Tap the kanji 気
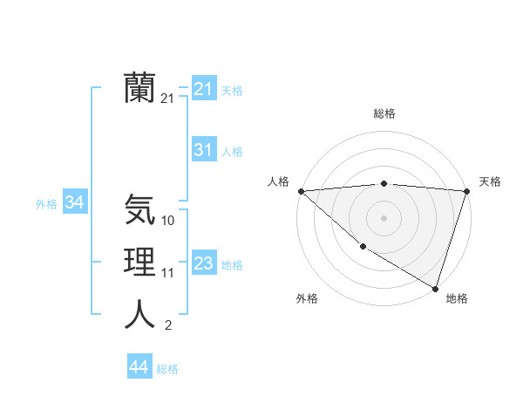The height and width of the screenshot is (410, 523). click(140, 209)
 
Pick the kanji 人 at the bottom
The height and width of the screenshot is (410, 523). click(140, 314)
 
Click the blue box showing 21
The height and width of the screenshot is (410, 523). click(203, 89)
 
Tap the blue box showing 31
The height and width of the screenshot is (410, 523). click(203, 150)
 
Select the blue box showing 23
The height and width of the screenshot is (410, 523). click(203, 263)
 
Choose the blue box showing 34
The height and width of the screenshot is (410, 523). click(75, 202)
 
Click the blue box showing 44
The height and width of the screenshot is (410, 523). click(139, 367)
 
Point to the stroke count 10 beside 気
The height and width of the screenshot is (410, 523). click(168, 221)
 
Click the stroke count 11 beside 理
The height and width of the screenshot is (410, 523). click(168, 273)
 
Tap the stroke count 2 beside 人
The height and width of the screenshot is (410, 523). click(168, 325)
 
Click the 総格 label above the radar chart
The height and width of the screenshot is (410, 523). click(384, 113)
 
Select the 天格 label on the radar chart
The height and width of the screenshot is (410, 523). click(490, 181)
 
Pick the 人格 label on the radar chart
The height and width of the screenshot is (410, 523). click(278, 181)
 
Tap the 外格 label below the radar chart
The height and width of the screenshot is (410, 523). click(307, 298)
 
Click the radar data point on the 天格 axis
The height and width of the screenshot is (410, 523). click(466, 191)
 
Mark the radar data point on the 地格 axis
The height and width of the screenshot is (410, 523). click(435, 288)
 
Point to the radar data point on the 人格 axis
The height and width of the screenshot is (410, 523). click(301, 191)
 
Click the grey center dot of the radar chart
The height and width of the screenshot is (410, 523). click(384, 218)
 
